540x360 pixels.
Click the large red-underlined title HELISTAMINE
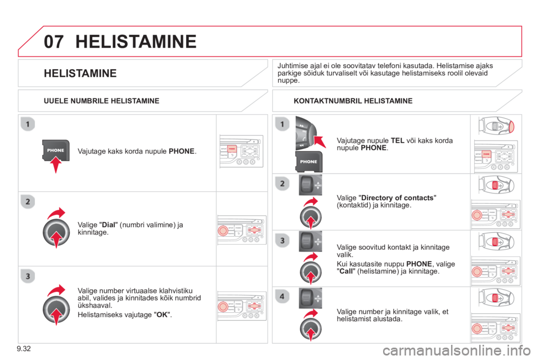pos(135,41)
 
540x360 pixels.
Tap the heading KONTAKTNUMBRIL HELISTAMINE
pos(353,101)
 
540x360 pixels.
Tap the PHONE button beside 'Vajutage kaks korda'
pos(55,150)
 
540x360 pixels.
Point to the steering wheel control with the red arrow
pos(303,132)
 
